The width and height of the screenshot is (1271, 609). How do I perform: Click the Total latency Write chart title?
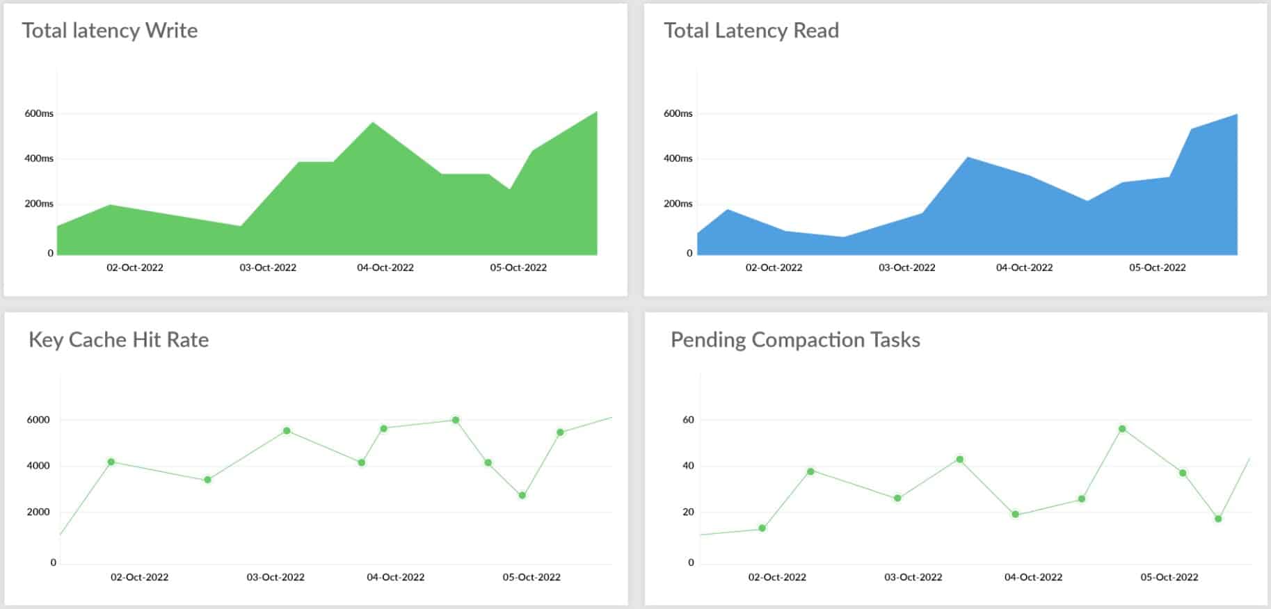(109, 31)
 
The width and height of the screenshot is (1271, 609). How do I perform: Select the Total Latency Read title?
(751, 31)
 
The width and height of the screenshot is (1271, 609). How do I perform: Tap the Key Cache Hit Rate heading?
(118, 340)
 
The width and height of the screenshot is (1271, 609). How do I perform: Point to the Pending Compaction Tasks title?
(794, 340)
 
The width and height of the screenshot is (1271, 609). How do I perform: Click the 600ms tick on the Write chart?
(39, 113)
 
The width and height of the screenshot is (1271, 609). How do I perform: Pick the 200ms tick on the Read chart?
(678, 204)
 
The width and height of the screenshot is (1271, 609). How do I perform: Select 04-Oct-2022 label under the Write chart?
(385, 268)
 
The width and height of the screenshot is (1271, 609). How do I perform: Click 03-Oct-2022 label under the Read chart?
(906, 268)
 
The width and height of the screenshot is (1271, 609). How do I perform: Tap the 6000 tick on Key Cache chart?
(38, 420)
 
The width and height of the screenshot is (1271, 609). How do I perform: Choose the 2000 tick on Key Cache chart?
(38, 512)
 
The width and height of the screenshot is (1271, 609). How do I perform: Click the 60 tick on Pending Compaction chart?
(688, 420)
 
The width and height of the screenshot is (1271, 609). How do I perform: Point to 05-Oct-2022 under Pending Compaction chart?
(1169, 577)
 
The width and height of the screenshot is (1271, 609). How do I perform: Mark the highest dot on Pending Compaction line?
(1121, 429)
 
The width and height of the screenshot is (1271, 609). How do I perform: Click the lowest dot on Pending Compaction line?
(762, 528)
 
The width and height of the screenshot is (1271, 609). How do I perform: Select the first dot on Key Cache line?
(111, 462)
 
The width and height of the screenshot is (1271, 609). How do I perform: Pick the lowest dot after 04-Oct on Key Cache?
(522, 496)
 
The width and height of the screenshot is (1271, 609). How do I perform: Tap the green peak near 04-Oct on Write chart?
(374, 123)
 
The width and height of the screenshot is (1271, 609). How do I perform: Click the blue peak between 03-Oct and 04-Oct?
(967, 158)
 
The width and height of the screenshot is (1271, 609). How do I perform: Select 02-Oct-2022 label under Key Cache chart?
(139, 577)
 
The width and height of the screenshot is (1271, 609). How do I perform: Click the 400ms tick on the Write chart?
(39, 159)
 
